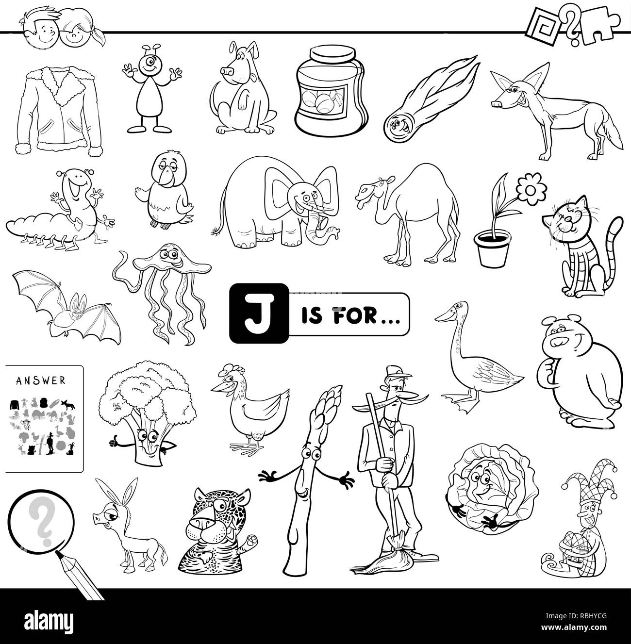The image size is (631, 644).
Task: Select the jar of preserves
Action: (x=332, y=91)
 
